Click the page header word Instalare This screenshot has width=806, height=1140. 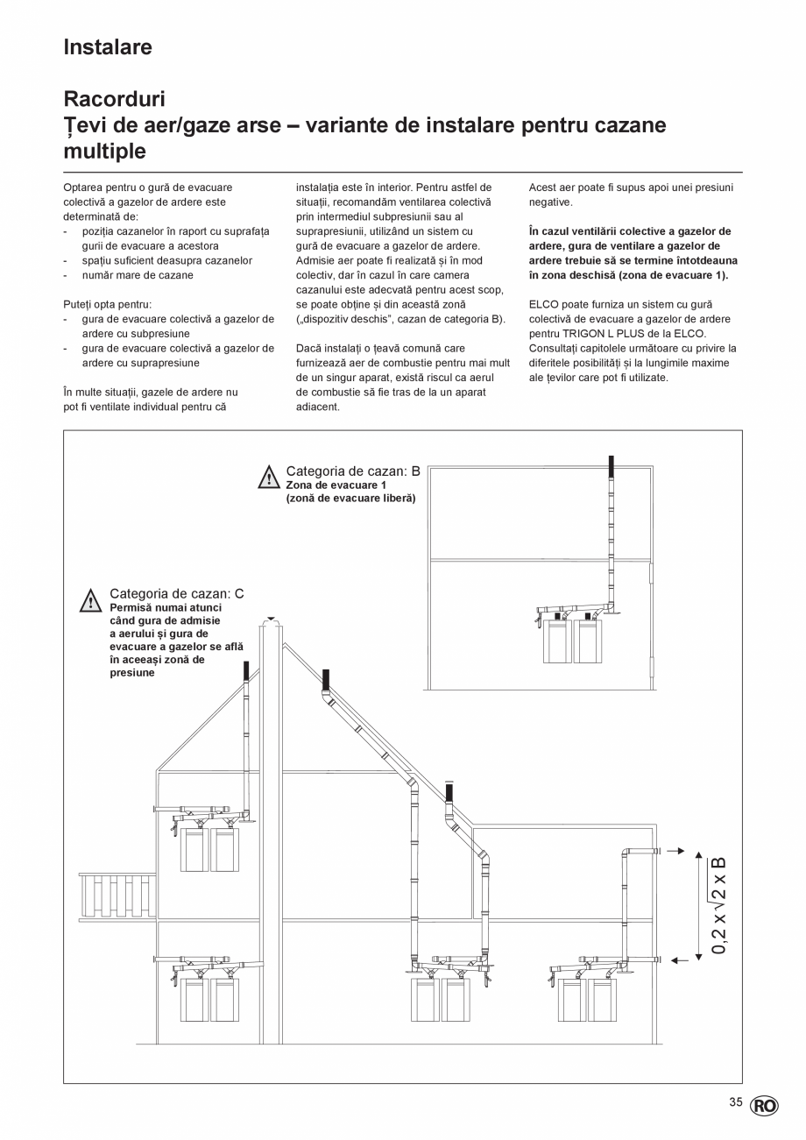pyautogui.click(x=108, y=47)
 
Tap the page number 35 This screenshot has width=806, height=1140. pyautogui.click(x=735, y=1102)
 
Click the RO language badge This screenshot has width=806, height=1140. pyautogui.click(x=763, y=1106)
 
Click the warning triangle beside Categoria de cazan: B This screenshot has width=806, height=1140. pyautogui.click(x=268, y=478)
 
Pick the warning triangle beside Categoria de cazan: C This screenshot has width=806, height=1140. pyautogui.click(x=91, y=601)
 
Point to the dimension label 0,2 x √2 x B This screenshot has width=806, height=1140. pyautogui.click(x=719, y=904)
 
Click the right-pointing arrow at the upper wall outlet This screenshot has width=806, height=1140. pyautogui.click(x=675, y=851)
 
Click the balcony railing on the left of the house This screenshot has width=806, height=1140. pyautogui.click(x=117, y=896)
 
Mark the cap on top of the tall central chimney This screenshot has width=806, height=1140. pyautogui.click(x=272, y=620)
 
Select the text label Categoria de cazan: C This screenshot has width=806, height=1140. pyautogui.click(x=176, y=593)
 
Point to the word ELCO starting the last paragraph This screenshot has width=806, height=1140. pyautogui.click(x=544, y=304)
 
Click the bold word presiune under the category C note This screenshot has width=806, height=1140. pyautogui.click(x=131, y=673)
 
